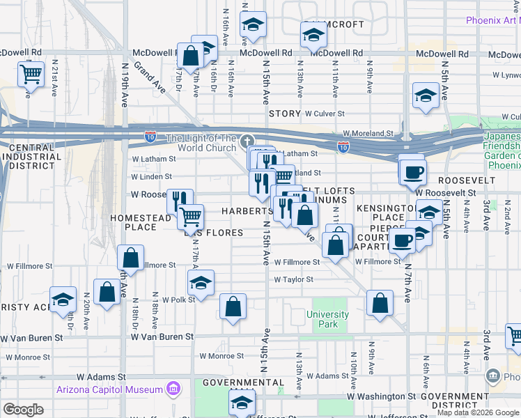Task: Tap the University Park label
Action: [327, 319]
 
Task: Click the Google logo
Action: [24, 410]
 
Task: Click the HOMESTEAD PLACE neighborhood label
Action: [141, 222]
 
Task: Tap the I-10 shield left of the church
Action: [151, 137]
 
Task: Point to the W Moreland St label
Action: [368, 132]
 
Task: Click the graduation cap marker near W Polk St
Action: [201, 283]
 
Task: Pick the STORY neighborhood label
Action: [283, 113]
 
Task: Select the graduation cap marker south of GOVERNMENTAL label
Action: [242, 402]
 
